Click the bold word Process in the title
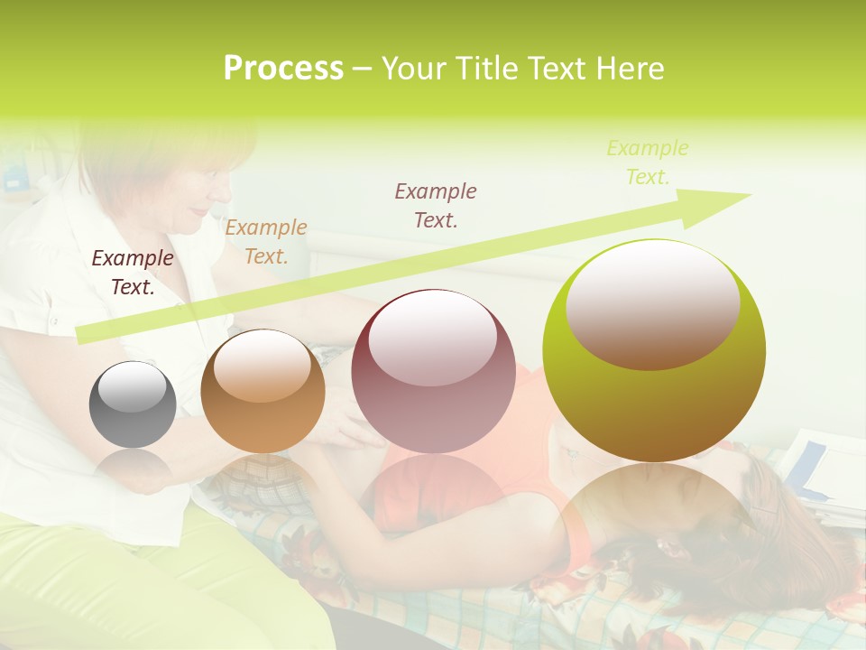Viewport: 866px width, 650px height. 283,69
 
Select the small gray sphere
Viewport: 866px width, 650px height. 133,405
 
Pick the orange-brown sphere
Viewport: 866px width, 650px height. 263,392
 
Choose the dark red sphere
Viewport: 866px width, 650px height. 433,372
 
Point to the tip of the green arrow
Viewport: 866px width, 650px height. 749,195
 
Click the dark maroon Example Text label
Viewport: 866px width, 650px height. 133,273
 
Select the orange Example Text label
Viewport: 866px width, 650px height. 266,242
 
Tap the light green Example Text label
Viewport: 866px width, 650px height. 648,162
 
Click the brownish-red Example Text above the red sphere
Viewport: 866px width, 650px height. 436,205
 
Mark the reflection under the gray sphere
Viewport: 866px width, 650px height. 133,469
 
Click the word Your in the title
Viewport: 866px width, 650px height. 416,69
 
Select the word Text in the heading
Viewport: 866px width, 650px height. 556,69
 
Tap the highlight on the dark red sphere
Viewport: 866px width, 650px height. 433,336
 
